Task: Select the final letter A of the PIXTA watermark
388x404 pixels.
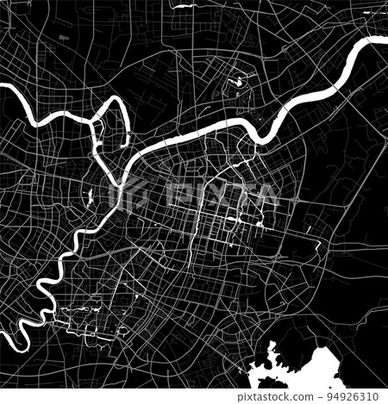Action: pyautogui.click(x=266, y=196)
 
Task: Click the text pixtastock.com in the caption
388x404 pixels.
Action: pyautogui.click(x=292, y=396)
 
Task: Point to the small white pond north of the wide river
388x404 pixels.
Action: pyautogui.click(x=235, y=85)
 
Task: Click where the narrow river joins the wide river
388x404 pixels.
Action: pyautogui.click(x=128, y=169)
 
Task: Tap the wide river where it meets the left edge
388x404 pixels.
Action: pyautogui.click(x=3, y=86)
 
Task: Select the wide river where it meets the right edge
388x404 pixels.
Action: pyautogui.click(x=384, y=40)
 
